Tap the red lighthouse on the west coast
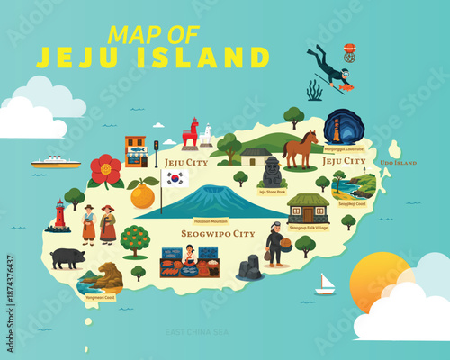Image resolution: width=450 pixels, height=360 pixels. pyautogui.click(x=60, y=215)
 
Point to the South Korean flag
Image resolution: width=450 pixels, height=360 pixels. pyautogui.click(x=175, y=178)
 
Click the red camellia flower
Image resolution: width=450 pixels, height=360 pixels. pyautogui.click(x=105, y=170)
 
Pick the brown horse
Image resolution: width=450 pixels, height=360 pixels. pyautogui.click(x=300, y=148)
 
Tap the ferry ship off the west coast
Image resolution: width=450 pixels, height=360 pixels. pyautogui.click(x=55, y=162)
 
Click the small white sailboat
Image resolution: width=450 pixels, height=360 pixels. pyautogui.click(x=325, y=285)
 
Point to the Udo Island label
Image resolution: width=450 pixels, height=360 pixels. pyautogui.click(x=398, y=163)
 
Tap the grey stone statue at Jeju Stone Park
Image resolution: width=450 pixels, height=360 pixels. pyautogui.click(x=272, y=171)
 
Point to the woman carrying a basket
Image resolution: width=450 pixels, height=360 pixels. pyautogui.click(x=275, y=244)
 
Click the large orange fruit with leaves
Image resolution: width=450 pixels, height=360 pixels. pyautogui.click(x=142, y=194)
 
